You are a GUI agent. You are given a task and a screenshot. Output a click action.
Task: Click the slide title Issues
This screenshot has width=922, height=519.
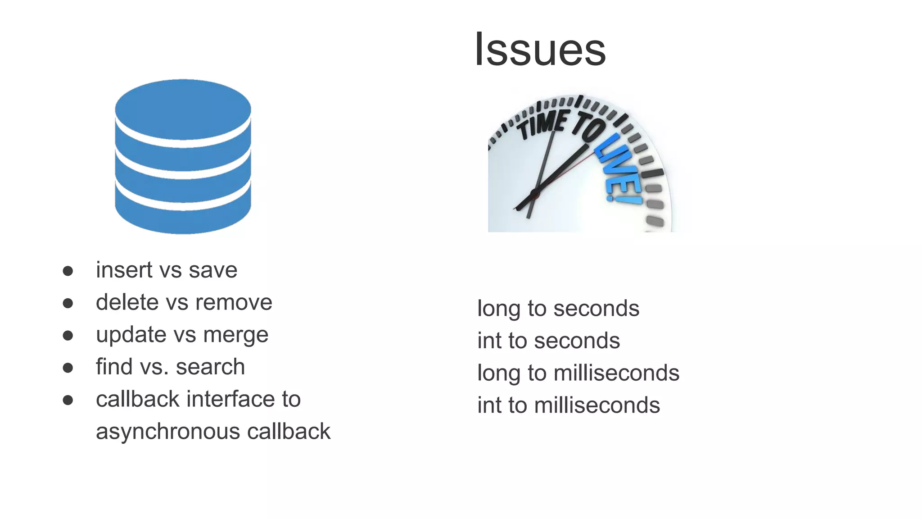[540, 50]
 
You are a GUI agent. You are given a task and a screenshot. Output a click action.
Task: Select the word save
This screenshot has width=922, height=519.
[213, 270]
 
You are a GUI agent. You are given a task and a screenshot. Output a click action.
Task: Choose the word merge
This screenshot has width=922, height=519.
[235, 335]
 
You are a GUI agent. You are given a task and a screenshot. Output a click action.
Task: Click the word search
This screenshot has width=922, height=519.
[210, 367]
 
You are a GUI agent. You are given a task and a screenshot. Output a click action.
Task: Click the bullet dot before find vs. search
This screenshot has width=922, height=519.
[68, 368]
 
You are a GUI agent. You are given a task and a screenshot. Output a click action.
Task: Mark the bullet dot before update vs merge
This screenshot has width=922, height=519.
[68, 335]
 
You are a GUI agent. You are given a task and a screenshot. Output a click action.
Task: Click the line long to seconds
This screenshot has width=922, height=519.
[558, 309]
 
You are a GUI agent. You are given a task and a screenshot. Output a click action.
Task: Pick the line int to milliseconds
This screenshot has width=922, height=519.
[569, 405]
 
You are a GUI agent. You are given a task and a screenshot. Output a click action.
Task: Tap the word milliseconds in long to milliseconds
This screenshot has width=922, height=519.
[616, 373]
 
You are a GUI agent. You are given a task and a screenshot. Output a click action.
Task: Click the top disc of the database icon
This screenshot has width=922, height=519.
[183, 109]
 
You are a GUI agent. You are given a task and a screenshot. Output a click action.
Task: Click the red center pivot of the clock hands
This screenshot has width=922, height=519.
[535, 194]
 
